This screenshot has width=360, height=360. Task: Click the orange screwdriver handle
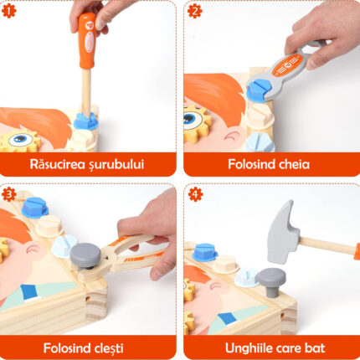[x=87, y=40]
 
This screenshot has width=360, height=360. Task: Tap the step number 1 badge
[x=8, y=11]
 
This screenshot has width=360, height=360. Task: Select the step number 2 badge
[x=194, y=11]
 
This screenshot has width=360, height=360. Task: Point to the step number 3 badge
[x=8, y=194]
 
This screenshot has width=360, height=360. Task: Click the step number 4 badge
[x=195, y=194]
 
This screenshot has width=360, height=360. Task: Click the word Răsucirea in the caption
[x=58, y=164]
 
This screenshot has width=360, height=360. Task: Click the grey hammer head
[x=282, y=232]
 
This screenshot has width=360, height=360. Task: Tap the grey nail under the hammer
[x=271, y=281]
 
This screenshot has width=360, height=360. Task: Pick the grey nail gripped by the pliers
[x=85, y=255]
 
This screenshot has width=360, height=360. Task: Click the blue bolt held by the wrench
[x=257, y=90]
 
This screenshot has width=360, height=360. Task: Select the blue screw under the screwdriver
[x=85, y=121]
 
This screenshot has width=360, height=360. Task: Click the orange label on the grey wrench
[x=287, y=65]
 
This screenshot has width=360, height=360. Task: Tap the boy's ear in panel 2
[x=234, y=136]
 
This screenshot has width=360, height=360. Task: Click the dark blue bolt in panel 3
[x=34, y=208]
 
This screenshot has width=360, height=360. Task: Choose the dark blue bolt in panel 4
[x=205, y=252]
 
